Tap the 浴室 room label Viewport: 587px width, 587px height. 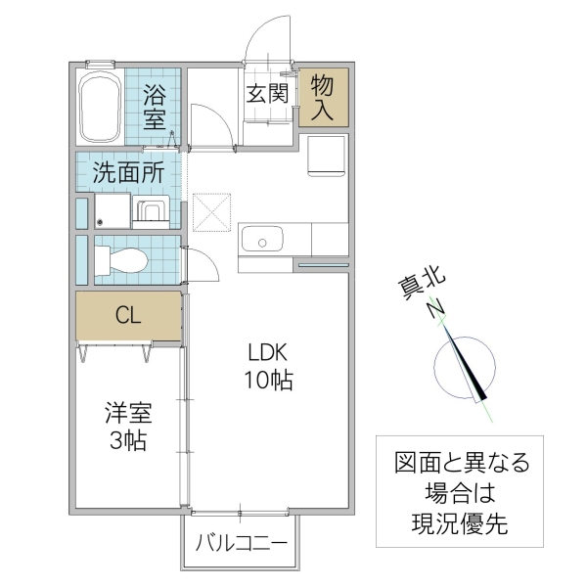pos(155,109)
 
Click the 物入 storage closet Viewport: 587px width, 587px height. pos(322,98)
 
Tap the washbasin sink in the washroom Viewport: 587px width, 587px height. pos(151,212)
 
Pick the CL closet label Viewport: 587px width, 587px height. pos(128,315)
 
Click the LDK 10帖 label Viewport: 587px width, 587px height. pos(268,366)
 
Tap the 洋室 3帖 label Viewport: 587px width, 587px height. pos(127,427)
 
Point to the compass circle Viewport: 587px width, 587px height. pos(460,369)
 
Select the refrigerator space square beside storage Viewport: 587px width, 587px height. pos(325,156)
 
